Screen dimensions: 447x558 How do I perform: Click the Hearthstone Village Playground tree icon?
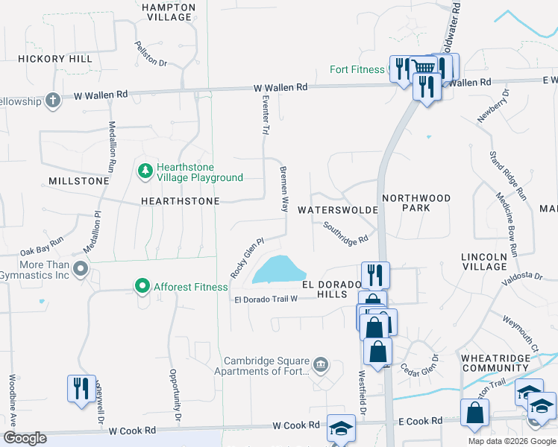tap(145, 172)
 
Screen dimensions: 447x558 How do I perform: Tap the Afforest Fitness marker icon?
tap(142, 286)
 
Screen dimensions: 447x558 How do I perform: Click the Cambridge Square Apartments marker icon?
tap(321, 364)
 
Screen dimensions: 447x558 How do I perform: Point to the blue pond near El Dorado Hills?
tap(278, 270)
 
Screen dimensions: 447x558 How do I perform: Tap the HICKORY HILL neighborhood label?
tap(55, 59)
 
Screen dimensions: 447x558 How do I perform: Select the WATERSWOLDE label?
tap(338, 210)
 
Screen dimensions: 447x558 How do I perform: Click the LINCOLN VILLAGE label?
tap(484, 261)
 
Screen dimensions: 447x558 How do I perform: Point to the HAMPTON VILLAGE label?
tap(168, 13)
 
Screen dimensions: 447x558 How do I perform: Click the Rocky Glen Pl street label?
tap(248, 259)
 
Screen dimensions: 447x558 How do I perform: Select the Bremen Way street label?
tap(283, 189)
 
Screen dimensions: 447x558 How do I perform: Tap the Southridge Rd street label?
tap(346, 232)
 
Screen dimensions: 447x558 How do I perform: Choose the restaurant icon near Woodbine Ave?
tap(78, 387)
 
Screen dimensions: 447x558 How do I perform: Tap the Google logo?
tap(24, 438)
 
